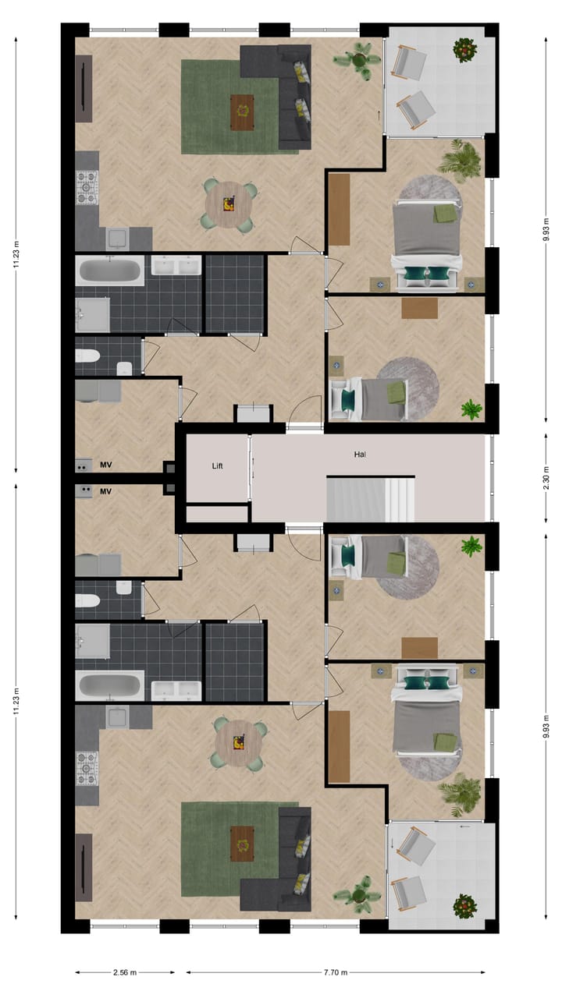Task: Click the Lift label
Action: point(218,465)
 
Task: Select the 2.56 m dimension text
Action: point(125,972)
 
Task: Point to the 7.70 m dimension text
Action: point(336,972)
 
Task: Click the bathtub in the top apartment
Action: point(110,272)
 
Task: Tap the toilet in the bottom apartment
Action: point(87,600)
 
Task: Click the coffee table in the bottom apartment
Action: point(242,841)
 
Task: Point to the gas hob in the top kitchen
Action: point(87,187)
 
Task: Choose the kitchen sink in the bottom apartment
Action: point(118,716)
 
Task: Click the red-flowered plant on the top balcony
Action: point(465,50)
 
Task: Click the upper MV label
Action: point(106,465)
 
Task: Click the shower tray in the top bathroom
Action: point(92,314)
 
